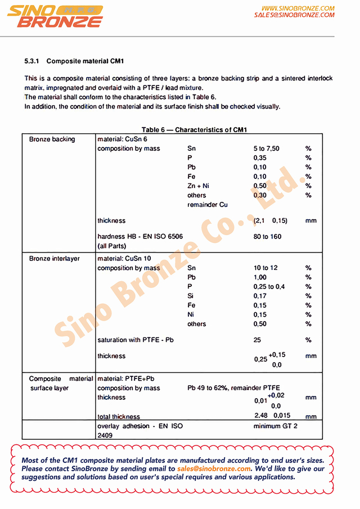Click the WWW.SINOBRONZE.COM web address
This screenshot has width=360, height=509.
pos(298,8)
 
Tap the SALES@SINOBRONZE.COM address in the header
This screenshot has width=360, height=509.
pos(294,15)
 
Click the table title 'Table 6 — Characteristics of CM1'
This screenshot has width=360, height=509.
pos(194,130)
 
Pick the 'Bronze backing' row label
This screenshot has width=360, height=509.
pos(52,139)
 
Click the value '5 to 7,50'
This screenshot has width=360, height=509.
pos(266,149)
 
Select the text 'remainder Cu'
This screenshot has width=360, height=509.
pos(208,205)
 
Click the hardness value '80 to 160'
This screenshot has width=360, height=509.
pos(267,237)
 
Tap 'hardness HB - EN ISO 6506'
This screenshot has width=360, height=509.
pos(139,237)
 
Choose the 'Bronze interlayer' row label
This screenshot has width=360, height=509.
pos(54,259)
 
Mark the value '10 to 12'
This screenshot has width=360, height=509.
pos(265,268)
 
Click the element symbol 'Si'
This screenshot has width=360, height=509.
pos(191,296)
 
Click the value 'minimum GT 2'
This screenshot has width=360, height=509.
pos(275,426)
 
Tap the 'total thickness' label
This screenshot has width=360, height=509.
pos(119,417)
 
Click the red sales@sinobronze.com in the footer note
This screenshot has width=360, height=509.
pos(214,469)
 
